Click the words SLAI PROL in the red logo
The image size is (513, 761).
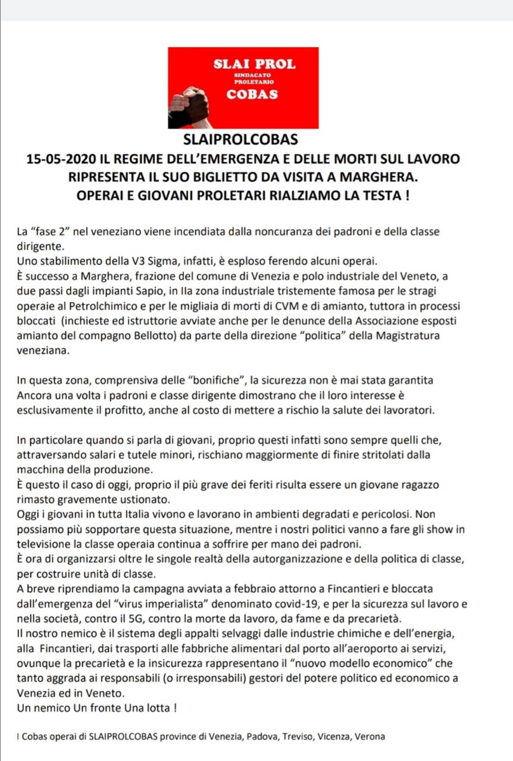click(x=254, y=64)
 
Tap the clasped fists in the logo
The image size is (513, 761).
click(x=189, y=106)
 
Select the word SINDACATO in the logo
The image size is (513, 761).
click(x=254, y=76)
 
